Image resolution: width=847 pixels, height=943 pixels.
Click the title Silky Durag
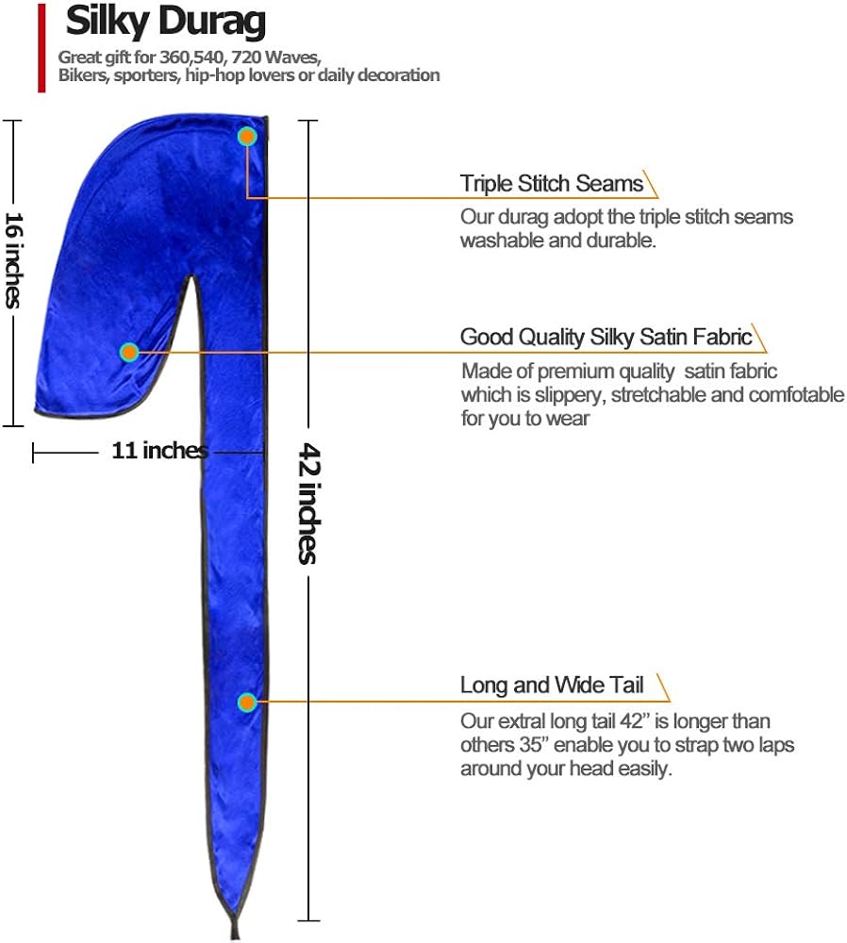tap(165, 23)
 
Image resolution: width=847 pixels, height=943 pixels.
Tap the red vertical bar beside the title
tap(42, 48)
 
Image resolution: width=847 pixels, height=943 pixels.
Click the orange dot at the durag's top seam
tap(246, 137)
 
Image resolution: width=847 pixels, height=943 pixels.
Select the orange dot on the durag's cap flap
tap(129, 352)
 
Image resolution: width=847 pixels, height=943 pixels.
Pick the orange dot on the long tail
tap(246, 703)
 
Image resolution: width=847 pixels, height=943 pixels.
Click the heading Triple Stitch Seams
tap(552, 184)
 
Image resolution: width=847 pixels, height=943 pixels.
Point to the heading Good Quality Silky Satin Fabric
tap(606, 337)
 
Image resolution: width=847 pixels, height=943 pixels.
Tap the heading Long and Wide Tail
tap(552, 685)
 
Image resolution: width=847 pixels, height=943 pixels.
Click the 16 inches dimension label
tap(13, 260)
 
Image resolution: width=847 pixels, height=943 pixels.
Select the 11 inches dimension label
tap(159, 451)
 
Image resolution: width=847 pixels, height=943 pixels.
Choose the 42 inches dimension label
tap(308, 503)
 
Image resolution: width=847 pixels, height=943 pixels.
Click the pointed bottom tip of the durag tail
tap(235, 937)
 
